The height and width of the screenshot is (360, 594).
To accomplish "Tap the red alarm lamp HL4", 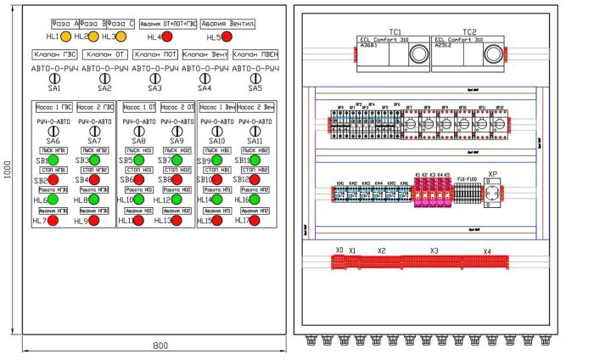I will click(x=167, y=37).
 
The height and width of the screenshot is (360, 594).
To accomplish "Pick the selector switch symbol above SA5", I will click(x=255, y=78).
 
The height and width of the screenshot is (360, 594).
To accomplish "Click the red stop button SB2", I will click(x=53, y=180).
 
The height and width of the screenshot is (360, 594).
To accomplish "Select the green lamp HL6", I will click(x=53, y=200).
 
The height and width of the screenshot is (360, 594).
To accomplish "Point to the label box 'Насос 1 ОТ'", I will click(x=137, y=108).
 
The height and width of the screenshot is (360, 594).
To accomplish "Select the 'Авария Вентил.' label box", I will click(x=228, y=24).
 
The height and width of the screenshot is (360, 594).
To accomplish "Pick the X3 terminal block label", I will click(x=434, y=251).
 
